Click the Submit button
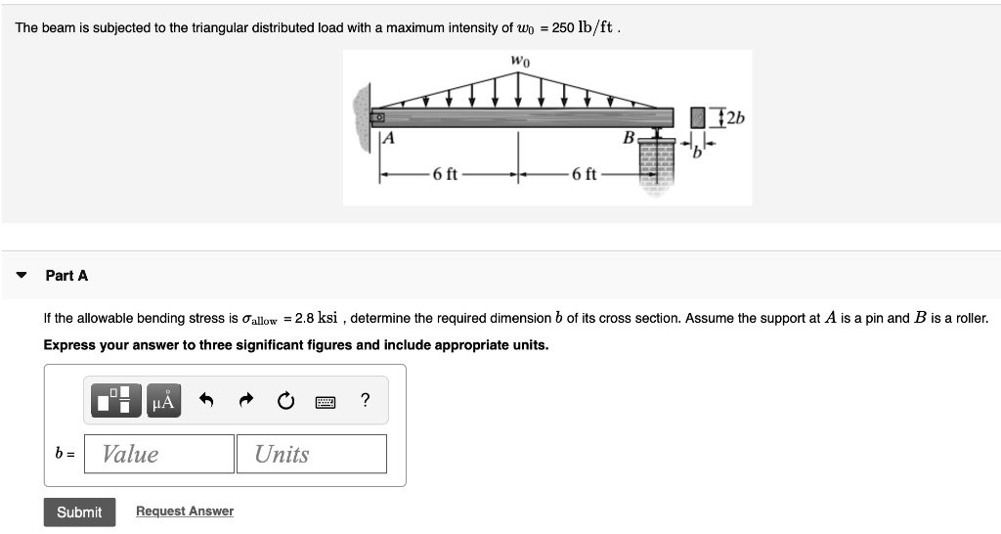[x=79, y=512]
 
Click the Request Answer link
[x=184, y=512]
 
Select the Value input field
[x=159, y=454]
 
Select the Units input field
[x=311, y=454]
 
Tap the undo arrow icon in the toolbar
[x=206, y=400]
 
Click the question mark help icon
[x=365, y=400]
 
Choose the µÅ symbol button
[x=163, y=400]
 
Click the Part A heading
[x=66, y=276]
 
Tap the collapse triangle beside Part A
[x=22, y=276]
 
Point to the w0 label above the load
[x=519, y=63]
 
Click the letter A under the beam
[x=388, y=139]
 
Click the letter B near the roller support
[x=630, y=135]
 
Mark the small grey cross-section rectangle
[x=698, y=118]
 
